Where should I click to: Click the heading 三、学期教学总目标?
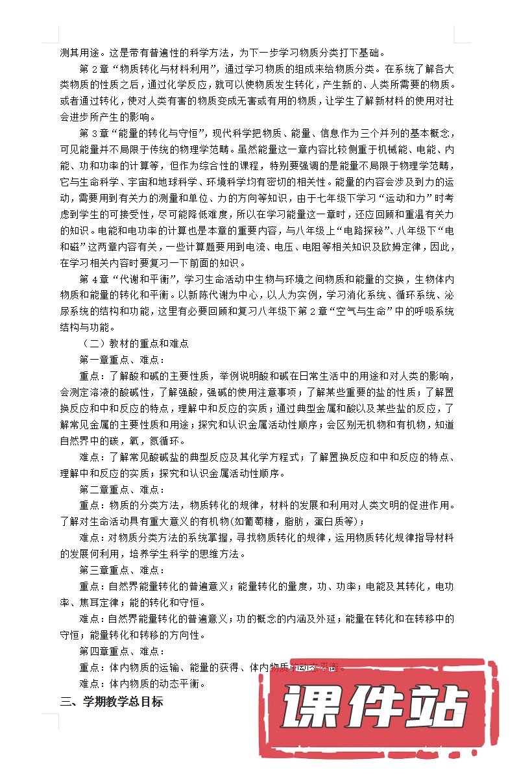[x=111, y=701]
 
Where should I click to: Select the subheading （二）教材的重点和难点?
[x=134, y=344]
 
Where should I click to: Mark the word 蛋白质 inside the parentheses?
[x=340, y=521]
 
